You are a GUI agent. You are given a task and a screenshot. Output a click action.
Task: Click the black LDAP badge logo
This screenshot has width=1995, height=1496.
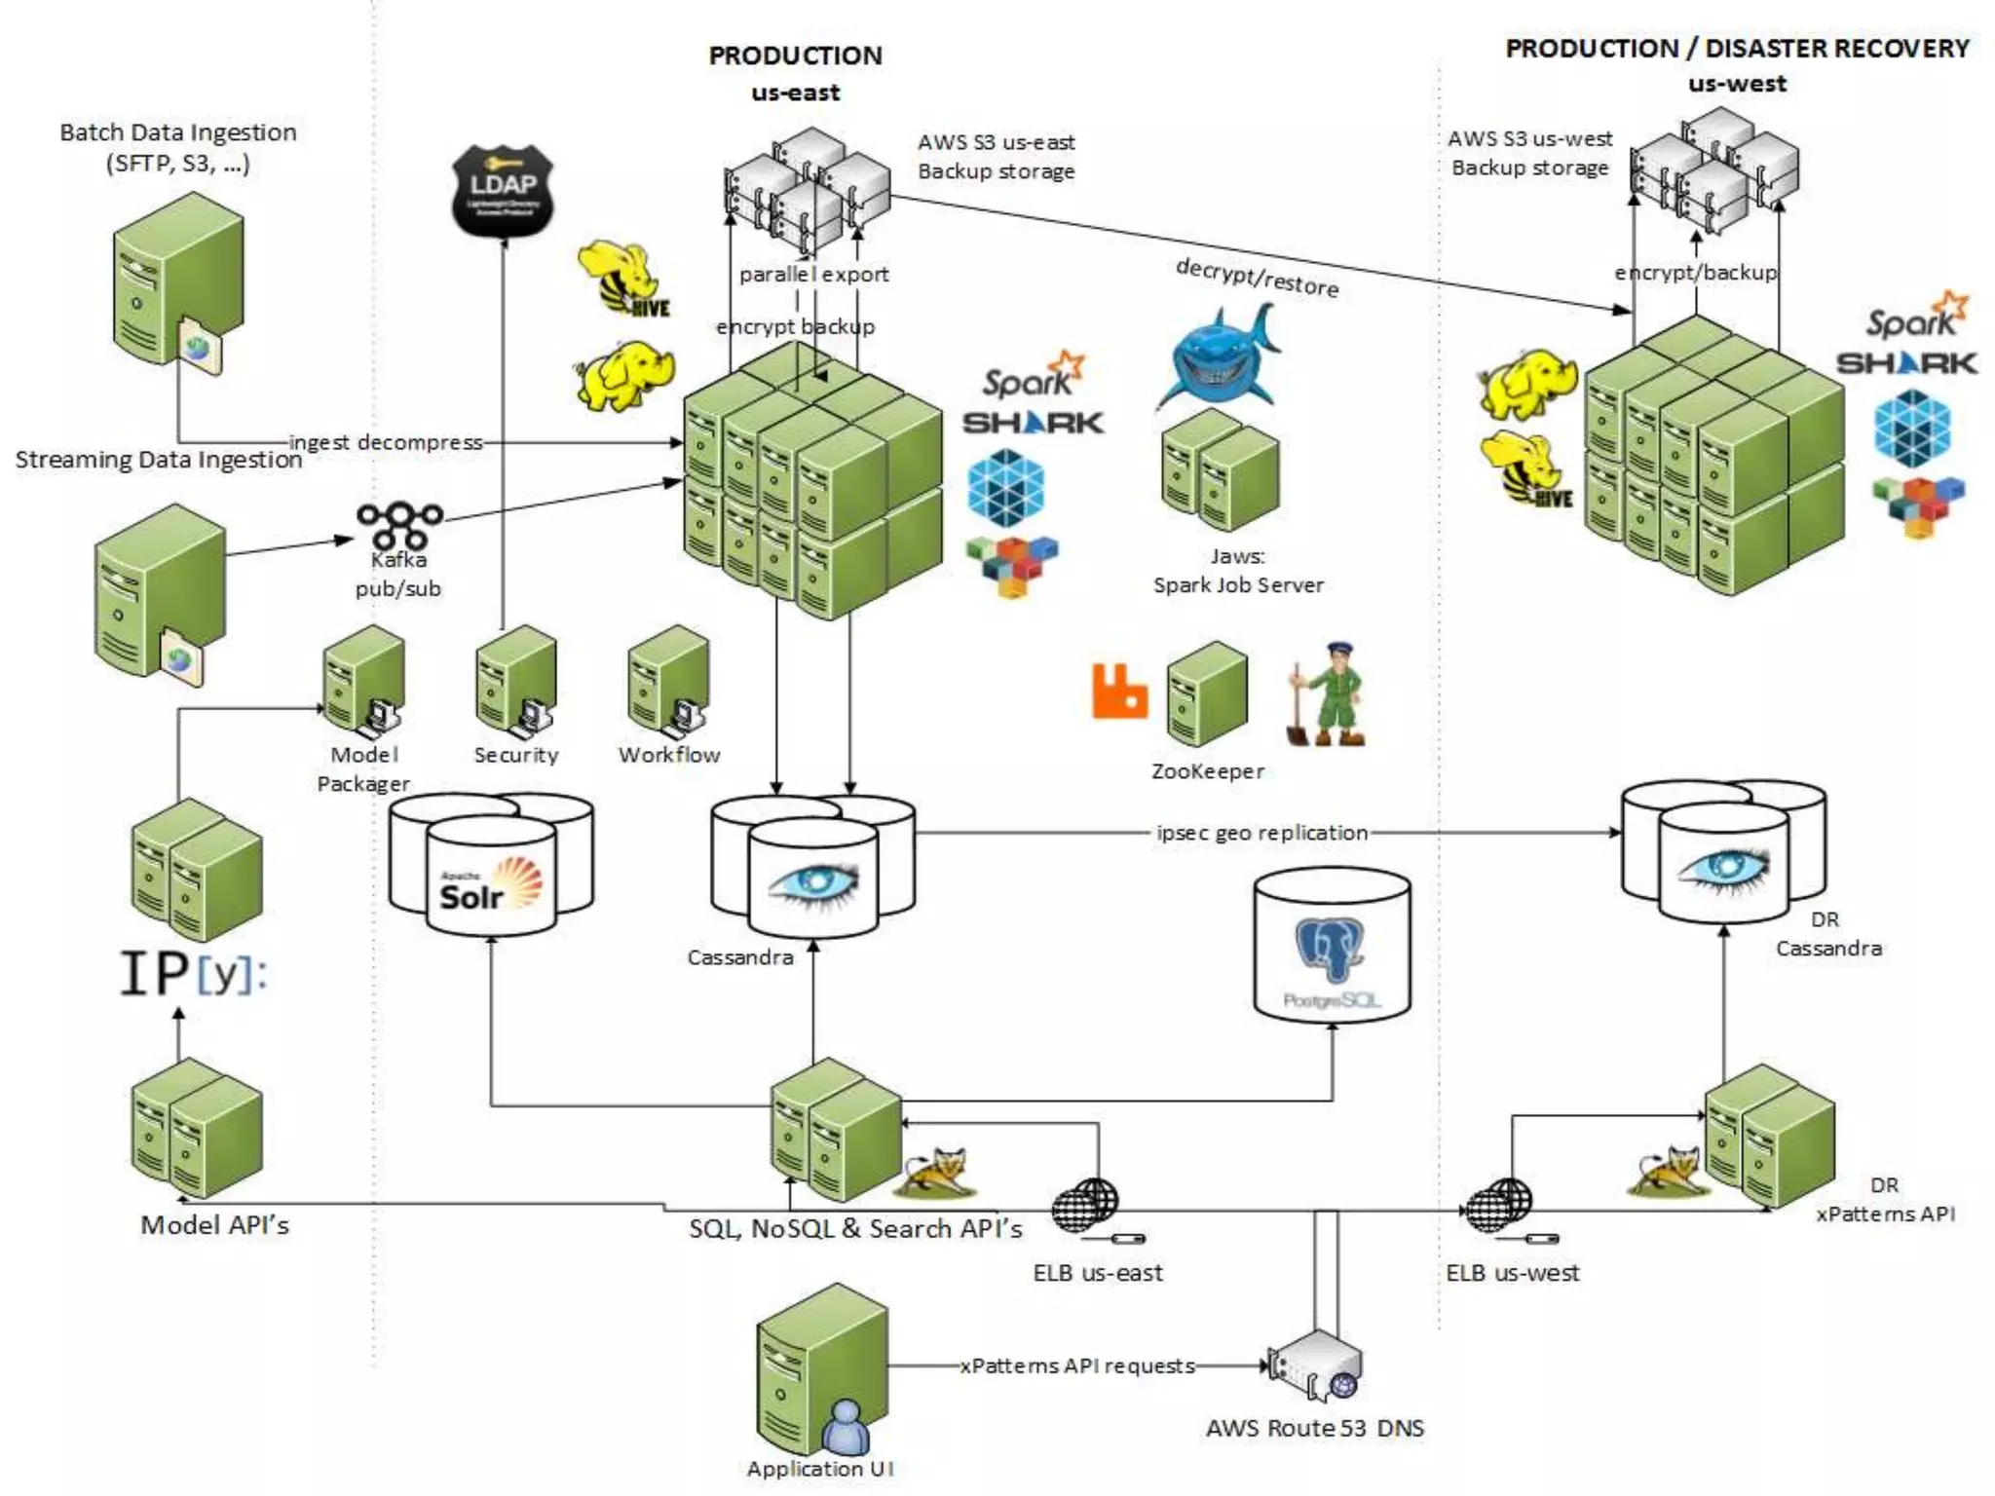click(503, 189)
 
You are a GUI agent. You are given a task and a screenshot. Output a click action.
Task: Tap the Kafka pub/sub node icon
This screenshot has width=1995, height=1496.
click(398, 524)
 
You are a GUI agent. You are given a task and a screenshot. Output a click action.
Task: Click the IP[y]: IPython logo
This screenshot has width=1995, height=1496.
click(193, 973)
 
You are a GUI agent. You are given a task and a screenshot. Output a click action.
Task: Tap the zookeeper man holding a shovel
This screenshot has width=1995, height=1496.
click(1329, 695)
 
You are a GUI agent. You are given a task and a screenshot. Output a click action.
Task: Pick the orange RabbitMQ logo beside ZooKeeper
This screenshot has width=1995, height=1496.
click(1119, 692)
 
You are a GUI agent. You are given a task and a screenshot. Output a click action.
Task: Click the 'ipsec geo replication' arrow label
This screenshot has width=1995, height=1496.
click(1261, 833)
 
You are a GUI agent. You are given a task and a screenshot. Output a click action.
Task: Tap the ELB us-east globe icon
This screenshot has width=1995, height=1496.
click(1086, 1206)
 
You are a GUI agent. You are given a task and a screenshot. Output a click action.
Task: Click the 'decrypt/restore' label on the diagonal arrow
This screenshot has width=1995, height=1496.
click(1257, 278)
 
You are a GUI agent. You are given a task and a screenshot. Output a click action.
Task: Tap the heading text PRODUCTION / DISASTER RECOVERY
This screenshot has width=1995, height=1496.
click(1737, 49)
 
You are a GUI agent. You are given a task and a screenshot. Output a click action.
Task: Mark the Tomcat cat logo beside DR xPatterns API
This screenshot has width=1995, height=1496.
click(1667, 1172)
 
